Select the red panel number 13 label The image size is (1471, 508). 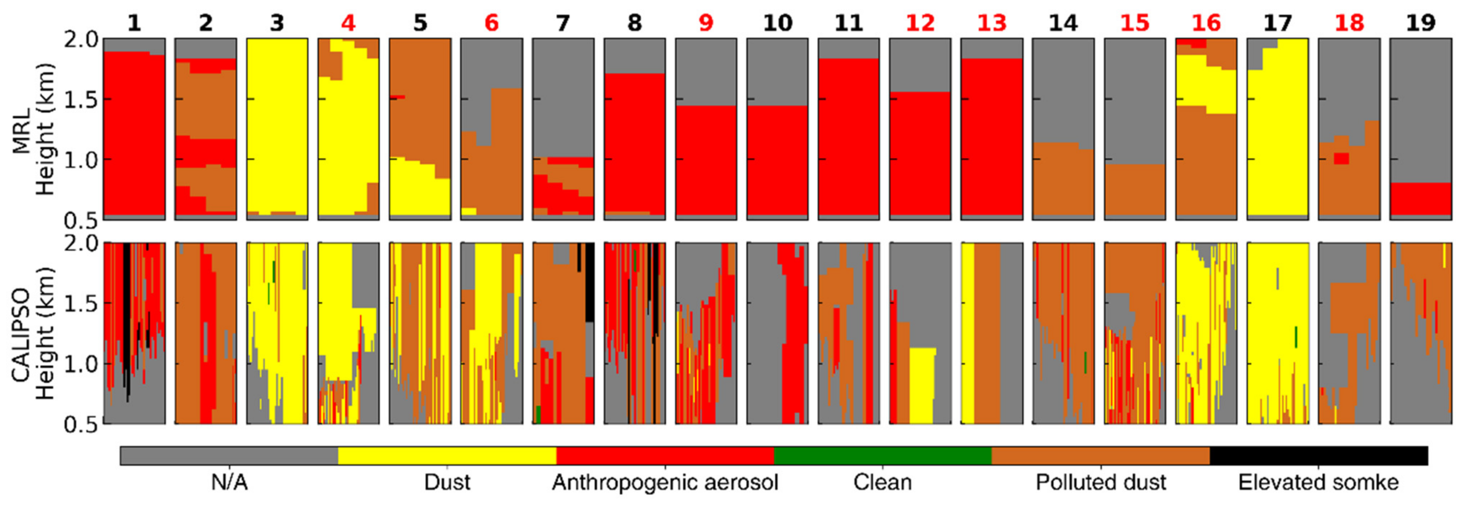click(991, 23)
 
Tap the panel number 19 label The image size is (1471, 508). click(1420, 23)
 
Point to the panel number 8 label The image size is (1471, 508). click(634, 23)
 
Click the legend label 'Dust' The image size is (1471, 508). click(447, 483)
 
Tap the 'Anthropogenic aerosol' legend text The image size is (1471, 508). click(665, 483)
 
